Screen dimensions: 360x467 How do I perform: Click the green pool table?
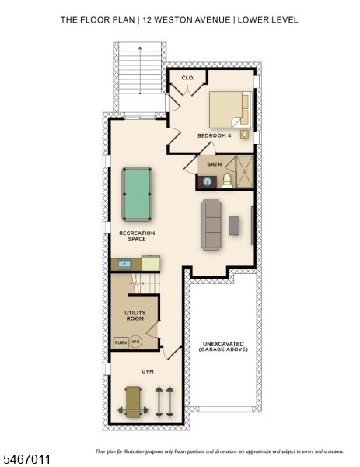(x=137, y=194)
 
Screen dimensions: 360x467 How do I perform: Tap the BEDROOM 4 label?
(x=215, y=135)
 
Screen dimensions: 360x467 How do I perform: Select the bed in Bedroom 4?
(x=231, y=110)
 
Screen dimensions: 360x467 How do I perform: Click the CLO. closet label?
(x=187, y=78)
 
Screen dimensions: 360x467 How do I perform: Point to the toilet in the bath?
(x=227, y=181)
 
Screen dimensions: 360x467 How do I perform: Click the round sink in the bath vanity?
(x=208, y=181)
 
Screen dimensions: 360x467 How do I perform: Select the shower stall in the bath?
(x=244, y=172)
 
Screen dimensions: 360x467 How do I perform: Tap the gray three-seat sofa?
(x=211, y=225)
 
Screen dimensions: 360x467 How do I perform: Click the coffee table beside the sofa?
(x=234, y=225)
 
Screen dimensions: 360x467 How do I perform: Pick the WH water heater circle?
(x=135, y=342)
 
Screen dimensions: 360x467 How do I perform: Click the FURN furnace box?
(x=121, y=342)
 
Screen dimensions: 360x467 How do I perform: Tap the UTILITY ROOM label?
(x=135, y=316)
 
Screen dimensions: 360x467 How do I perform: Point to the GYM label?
(x=148, y=371)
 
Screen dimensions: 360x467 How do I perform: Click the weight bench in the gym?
(x=133, y=402)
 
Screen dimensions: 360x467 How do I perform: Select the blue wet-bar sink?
(x=124, y=264)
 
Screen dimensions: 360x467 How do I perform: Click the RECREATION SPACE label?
(x=137, y=236)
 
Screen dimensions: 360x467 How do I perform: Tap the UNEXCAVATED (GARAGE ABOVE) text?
(x=223, y=346)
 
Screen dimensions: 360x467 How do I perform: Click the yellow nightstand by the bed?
(x=244, y=135)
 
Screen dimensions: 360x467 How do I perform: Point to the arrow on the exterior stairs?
(x=140, y=70)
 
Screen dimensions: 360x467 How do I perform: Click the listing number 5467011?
(x=26, y=459)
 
